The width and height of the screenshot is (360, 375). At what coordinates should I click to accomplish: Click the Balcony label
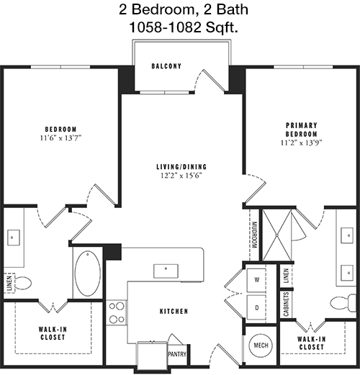(166, 66)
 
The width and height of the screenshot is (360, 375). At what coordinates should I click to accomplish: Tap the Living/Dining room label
(181, 166)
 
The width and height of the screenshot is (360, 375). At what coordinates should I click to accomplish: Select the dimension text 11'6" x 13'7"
(60, 138)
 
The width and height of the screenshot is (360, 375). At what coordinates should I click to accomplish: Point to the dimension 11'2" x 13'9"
(301, 143)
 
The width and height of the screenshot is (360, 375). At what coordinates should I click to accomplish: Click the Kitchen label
(174, 312)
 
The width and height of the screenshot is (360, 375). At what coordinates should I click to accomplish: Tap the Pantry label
(177, 354)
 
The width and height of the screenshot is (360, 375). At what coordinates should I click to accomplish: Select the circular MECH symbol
(261, 345)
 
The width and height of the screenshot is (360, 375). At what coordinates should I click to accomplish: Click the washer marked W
(256, 280)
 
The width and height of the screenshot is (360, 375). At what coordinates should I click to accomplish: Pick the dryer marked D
(256, 307)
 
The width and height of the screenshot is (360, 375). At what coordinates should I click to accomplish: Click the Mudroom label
(254, 235)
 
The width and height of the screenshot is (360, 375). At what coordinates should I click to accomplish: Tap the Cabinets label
(286, 304)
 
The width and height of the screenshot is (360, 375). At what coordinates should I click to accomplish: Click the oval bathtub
(88, 274)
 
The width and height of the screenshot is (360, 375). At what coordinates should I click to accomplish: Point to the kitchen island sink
(166, 271)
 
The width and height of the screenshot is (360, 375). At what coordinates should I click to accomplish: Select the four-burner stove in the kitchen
(117, 312)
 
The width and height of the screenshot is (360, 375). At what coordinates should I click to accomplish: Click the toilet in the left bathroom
(23, 283)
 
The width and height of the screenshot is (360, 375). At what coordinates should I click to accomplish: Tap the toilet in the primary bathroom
(343, 303)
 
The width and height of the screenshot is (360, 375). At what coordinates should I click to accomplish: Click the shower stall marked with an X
(276, 235)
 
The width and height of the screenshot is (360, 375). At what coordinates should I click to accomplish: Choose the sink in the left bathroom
(14, 238)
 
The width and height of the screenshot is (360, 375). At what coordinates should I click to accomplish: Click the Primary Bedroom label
(301, 130)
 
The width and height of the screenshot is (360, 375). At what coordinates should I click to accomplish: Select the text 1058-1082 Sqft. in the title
(184, 27)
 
